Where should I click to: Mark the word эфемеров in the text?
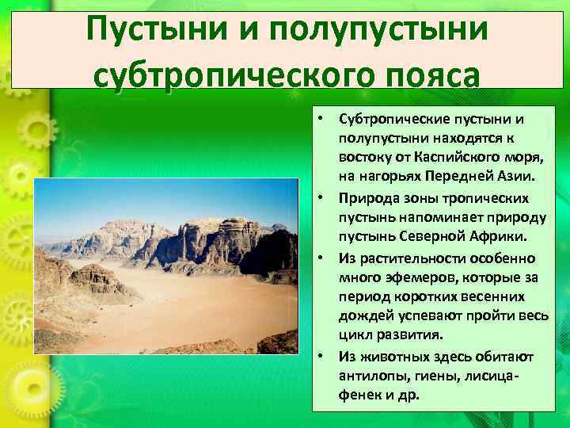click(x=400, y=277)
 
